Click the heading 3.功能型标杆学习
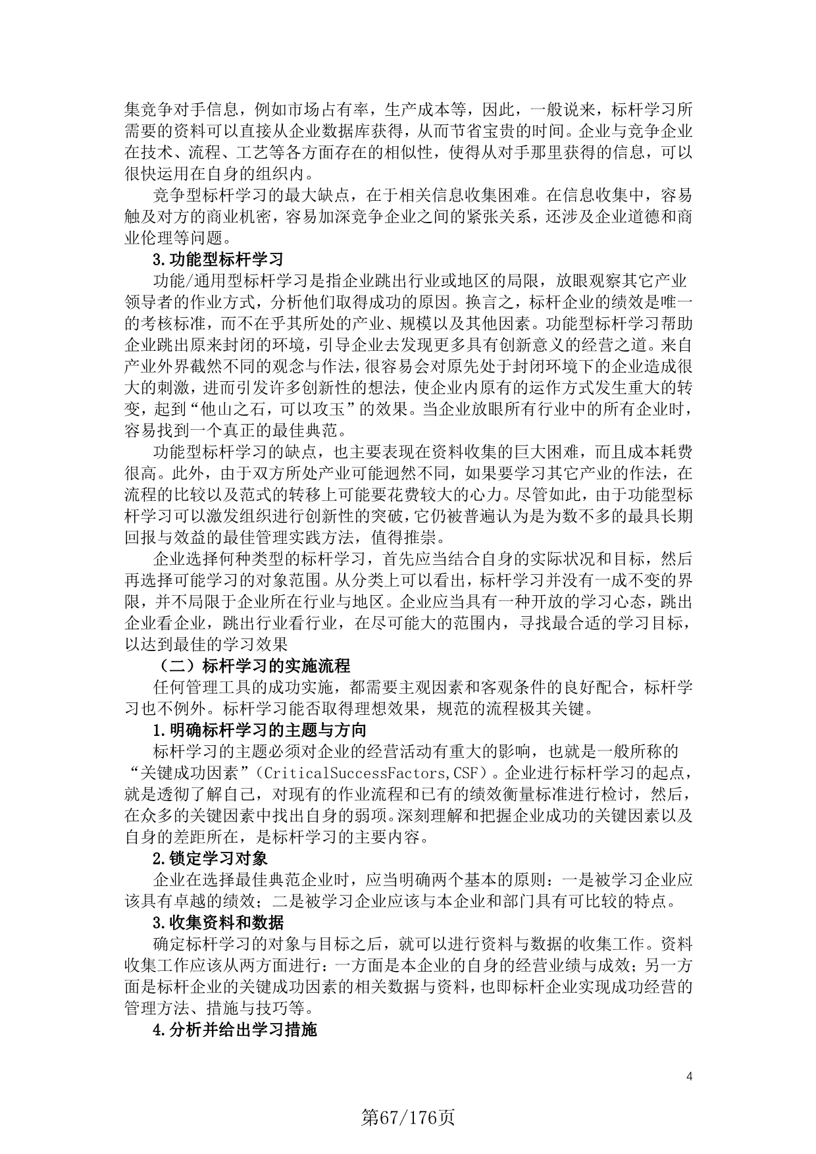point(217,259)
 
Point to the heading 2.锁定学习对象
point(210,858)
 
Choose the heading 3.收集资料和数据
point(218,922)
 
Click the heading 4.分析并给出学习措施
point(234,1030)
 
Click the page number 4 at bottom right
point(689,1077)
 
